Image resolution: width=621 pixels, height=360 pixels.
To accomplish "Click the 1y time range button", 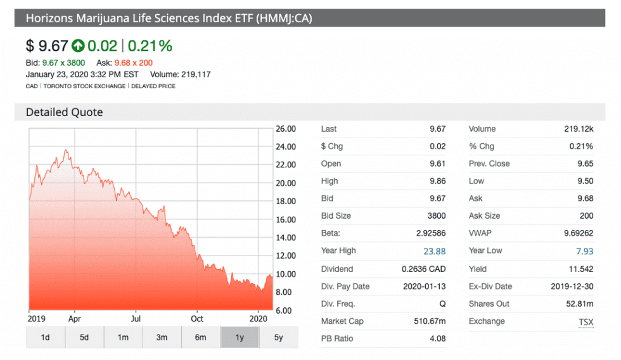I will [x=240, y=337].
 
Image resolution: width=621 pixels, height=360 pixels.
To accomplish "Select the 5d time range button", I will [x=84, y=337].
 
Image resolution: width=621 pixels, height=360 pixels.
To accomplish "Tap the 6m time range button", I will [x=200, y=337].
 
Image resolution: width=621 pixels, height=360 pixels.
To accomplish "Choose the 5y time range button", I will [x=278, y=337].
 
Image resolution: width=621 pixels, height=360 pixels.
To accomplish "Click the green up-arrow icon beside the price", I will [x=78, y=46].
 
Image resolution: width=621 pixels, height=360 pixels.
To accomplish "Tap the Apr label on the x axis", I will [x=74, y=318].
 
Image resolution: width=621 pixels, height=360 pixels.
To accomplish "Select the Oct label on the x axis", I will [x=197, y=318].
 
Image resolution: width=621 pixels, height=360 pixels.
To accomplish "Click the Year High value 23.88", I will [x=434, y=251].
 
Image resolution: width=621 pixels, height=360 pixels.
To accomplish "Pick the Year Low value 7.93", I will [x=584, y=251].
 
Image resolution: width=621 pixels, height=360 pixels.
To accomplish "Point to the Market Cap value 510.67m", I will [x=428, y=321].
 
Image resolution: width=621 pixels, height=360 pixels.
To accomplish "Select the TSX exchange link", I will [x=586, y=322].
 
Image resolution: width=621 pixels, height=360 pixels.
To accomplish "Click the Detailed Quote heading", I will [x=64, y=112].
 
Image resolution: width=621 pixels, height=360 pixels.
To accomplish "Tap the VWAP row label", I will [x=480, y=233].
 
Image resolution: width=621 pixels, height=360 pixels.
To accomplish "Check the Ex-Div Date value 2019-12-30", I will [x=572, y=286].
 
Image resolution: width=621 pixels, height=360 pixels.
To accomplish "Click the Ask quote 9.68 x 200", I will [x=133, y=63].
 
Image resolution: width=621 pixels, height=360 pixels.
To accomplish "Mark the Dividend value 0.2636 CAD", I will [x=423, y=269].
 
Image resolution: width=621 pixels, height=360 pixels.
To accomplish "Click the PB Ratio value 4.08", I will [x=437, y=338].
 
